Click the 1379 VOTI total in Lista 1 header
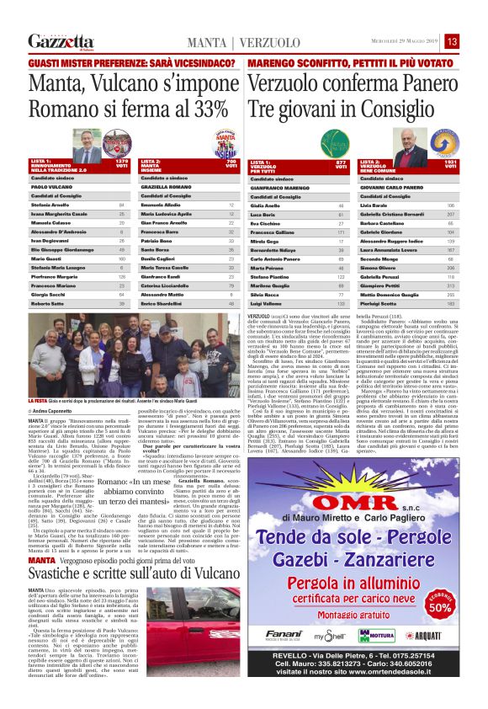point(121,162)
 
